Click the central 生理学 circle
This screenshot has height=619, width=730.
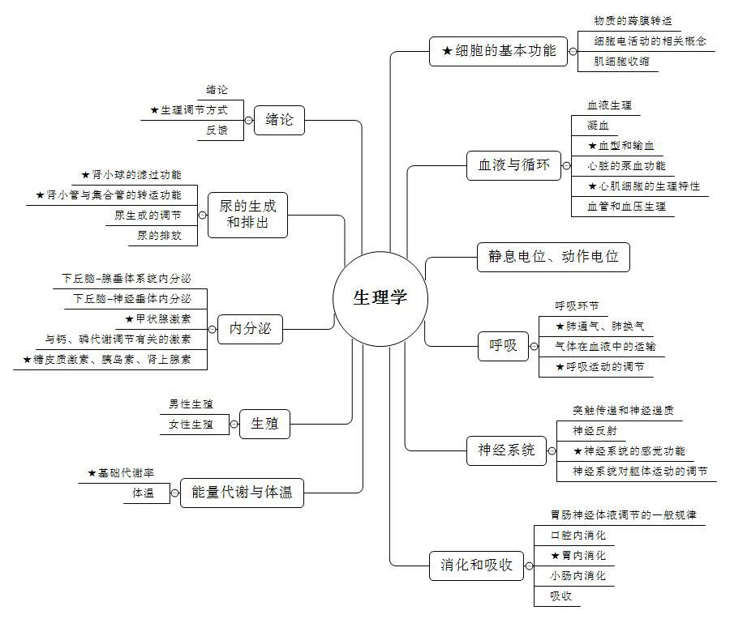(x=380, y=298)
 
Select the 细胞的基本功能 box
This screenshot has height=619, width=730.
(x=499, y=51)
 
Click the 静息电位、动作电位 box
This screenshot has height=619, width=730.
(x=553, y=257)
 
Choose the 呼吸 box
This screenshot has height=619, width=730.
(x=503, y=346)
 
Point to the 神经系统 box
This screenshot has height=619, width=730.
(x=507, y=451)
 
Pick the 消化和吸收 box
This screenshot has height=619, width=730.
(x=476, y=566)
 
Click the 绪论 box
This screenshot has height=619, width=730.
(x=279, y=121)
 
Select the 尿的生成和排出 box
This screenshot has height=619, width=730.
(x=247, y=215)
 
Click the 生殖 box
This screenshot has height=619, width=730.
(x=264, y=423)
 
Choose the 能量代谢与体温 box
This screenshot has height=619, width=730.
(x=242, y=492)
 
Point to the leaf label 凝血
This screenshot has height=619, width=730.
(x=598, y=126)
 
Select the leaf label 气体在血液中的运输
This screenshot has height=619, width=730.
(x=605, y=347)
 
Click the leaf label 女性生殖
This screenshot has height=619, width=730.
(x=191, y=423)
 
